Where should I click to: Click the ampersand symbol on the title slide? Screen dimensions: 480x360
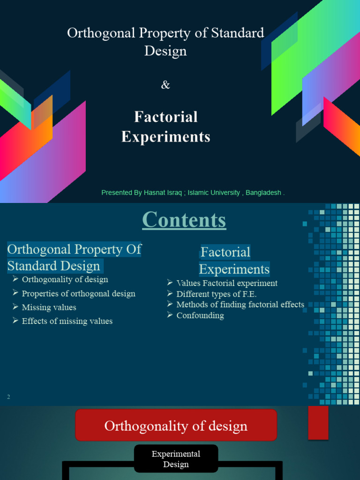click(x=165, y=85)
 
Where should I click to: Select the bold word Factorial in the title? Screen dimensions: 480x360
click(x=166, y=117)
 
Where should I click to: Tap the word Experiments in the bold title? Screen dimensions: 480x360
click(x=166, y=136)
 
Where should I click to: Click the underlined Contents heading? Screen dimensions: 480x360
click(x=184, y=220)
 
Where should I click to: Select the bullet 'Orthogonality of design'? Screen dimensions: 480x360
click(x=65, y=279)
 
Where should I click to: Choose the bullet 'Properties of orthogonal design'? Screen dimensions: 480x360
click(x=78, y=293)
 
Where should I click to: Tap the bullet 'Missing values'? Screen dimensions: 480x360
click(x=49, y=307)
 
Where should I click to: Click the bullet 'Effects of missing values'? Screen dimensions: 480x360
click(x=67, y=321)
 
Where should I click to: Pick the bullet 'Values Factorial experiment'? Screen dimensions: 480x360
click(x=227, y=283)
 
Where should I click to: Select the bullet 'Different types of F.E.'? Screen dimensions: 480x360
click(x=217, y=294)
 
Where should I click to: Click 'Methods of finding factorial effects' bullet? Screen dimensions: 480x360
click(x=240, y=305)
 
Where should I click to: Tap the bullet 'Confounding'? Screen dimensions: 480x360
click(x=200, y=315)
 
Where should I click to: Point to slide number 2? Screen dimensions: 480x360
click(x=8, y=397)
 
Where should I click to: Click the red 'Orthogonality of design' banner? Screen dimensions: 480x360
click(x=176, y=426)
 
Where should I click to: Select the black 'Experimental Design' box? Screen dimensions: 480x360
click(x=176, y=458)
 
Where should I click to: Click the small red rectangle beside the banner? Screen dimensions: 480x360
click(x=318, y=422)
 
